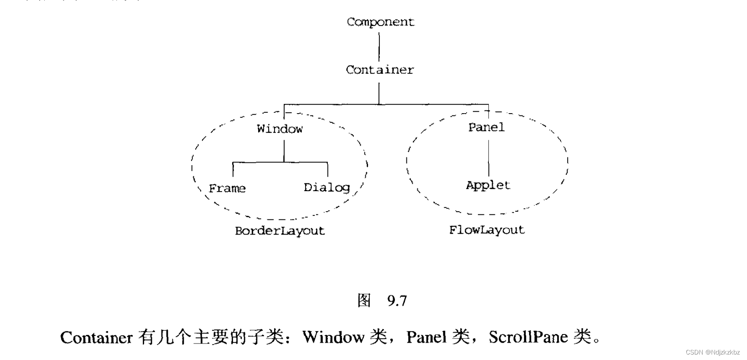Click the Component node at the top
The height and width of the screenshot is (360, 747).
point(380,22)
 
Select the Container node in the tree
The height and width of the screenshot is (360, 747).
point(379,70)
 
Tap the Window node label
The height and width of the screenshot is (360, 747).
point(280,129)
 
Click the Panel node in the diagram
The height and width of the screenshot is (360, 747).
point(486,127)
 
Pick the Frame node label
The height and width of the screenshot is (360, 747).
point(227,188)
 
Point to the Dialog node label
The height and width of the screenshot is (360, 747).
point(327,187)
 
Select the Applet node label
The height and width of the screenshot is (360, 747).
point(488,185)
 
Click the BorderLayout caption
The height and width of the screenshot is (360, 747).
point(280,230)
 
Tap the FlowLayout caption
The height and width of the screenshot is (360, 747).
point(487,230)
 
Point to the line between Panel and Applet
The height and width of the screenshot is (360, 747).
point(488,157)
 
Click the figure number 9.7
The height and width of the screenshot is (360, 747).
point(397,301)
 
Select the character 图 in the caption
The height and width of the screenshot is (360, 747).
point(364,300)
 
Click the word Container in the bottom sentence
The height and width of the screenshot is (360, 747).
point(96,338)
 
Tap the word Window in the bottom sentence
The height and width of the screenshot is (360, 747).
point(333,337)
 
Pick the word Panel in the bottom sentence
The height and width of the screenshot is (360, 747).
point(426,337)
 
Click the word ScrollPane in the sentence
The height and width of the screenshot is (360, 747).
point(528,337)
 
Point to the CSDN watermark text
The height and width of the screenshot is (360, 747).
point(712,352)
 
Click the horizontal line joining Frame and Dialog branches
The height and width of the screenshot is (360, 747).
point(280,162)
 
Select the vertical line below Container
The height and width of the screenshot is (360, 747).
point(379,94)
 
